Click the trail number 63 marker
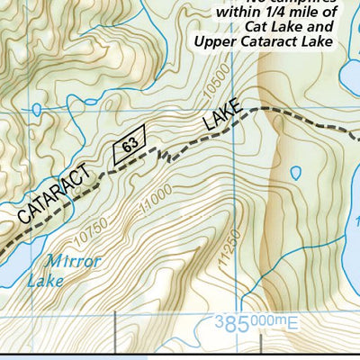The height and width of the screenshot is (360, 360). tap(130, 147)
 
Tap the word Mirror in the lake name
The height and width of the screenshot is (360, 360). tap(76, 262)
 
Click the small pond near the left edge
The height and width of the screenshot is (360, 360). tap(35, 109)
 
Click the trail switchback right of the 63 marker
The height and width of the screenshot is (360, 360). tap(163, 157)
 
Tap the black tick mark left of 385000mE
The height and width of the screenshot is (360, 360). tap(117, 321)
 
